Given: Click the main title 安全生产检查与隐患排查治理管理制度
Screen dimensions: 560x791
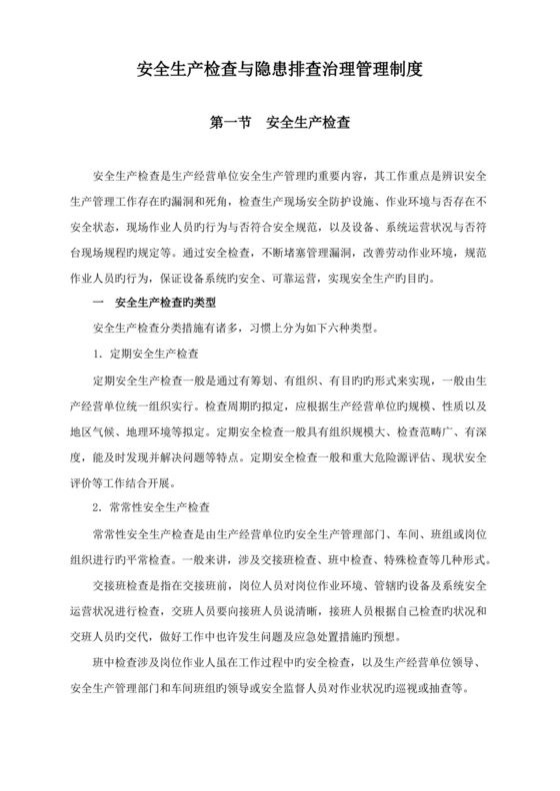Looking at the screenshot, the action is [x=280, y=71].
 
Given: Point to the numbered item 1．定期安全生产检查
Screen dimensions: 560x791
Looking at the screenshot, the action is [x=144, y=354].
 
